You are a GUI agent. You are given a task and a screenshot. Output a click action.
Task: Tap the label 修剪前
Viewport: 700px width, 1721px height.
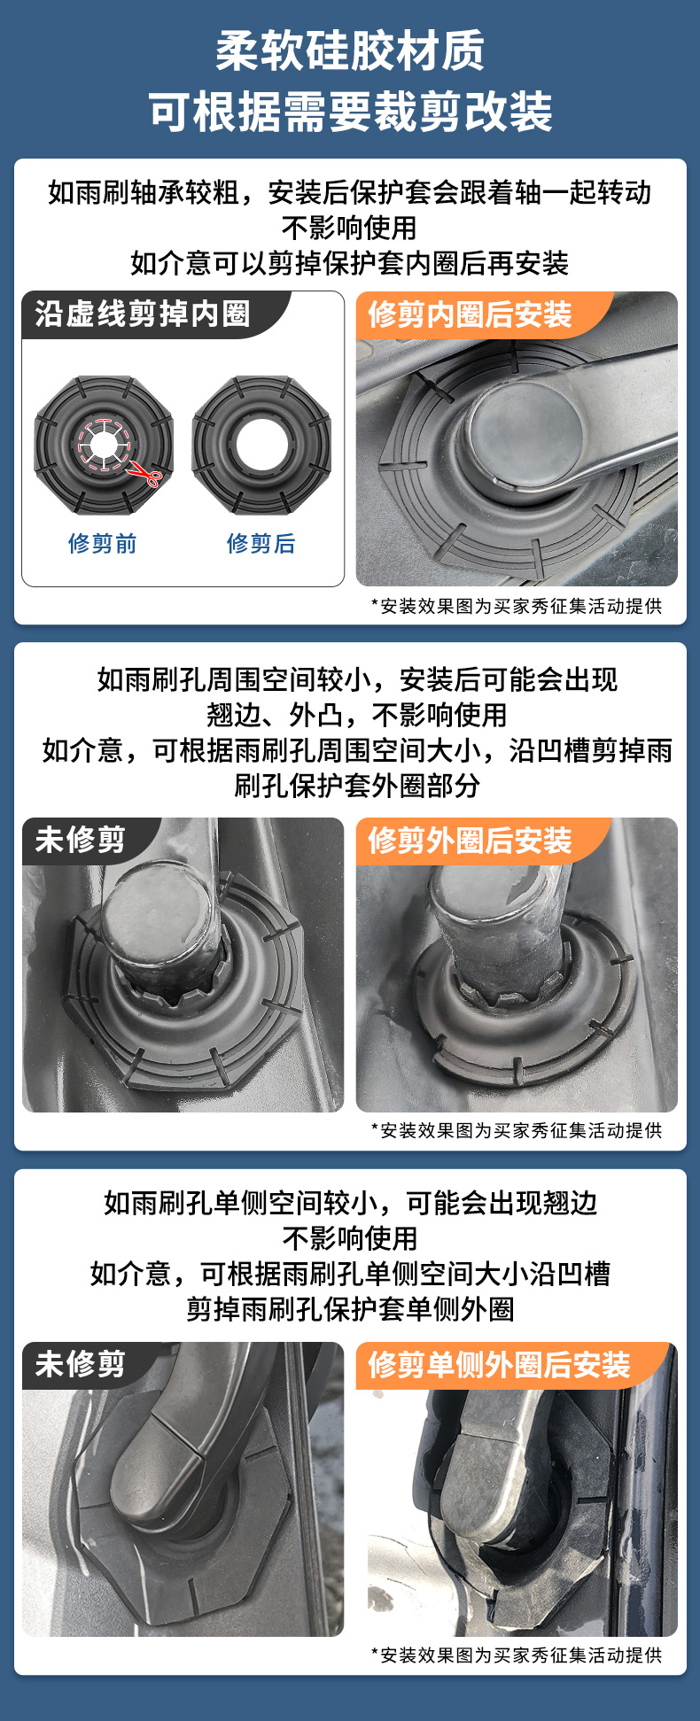103,543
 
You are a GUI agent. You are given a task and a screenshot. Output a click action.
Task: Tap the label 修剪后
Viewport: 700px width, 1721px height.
261,543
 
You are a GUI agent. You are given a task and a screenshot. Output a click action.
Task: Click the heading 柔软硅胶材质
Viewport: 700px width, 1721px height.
350,50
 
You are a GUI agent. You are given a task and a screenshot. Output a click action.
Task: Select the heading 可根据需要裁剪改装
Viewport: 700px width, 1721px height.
350,112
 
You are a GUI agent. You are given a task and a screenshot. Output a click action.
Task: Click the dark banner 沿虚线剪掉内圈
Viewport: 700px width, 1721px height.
142,314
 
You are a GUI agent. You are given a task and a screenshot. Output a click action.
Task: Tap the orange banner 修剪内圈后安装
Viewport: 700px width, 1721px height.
470,314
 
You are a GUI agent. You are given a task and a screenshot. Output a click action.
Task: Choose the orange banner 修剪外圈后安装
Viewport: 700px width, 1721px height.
470,840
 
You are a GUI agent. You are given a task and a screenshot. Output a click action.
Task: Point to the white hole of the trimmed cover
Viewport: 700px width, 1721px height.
261,445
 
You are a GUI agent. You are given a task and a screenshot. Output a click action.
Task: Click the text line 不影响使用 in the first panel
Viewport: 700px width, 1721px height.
350,228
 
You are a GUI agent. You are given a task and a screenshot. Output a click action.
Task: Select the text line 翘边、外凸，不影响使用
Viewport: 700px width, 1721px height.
357,715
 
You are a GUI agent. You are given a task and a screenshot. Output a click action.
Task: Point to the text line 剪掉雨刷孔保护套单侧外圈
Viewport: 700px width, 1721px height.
350,1308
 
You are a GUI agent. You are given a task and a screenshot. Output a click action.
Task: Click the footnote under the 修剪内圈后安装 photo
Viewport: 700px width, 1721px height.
517,606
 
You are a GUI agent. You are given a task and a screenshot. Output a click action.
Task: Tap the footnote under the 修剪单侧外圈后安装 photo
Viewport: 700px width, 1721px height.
517,1655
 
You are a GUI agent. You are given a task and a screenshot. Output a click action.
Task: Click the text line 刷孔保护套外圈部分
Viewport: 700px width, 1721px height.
357,786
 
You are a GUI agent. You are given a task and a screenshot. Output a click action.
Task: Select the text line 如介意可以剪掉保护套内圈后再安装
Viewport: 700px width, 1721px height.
350,263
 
